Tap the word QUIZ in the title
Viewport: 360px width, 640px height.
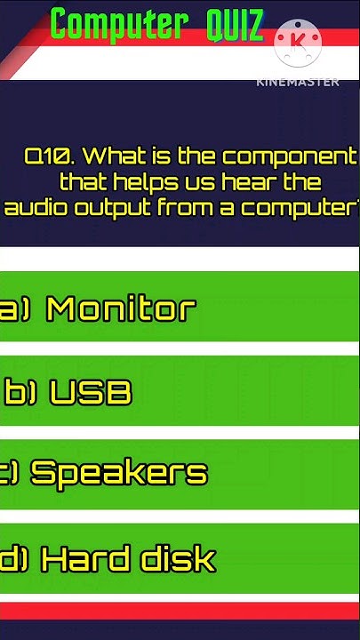[x=235, y=26]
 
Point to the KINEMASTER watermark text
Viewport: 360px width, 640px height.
[x=297, y=82]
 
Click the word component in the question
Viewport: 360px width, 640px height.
[x=289, y=157]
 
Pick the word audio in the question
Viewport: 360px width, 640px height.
[x=30, y=208]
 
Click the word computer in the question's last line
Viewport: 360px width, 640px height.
[x=298, y=208]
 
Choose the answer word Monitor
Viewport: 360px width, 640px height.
[x=121, y=308]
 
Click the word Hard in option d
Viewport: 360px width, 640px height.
[x=84, y=559]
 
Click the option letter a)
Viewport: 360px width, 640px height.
[x=14, y=309]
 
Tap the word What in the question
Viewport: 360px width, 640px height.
[x=117, y=156]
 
